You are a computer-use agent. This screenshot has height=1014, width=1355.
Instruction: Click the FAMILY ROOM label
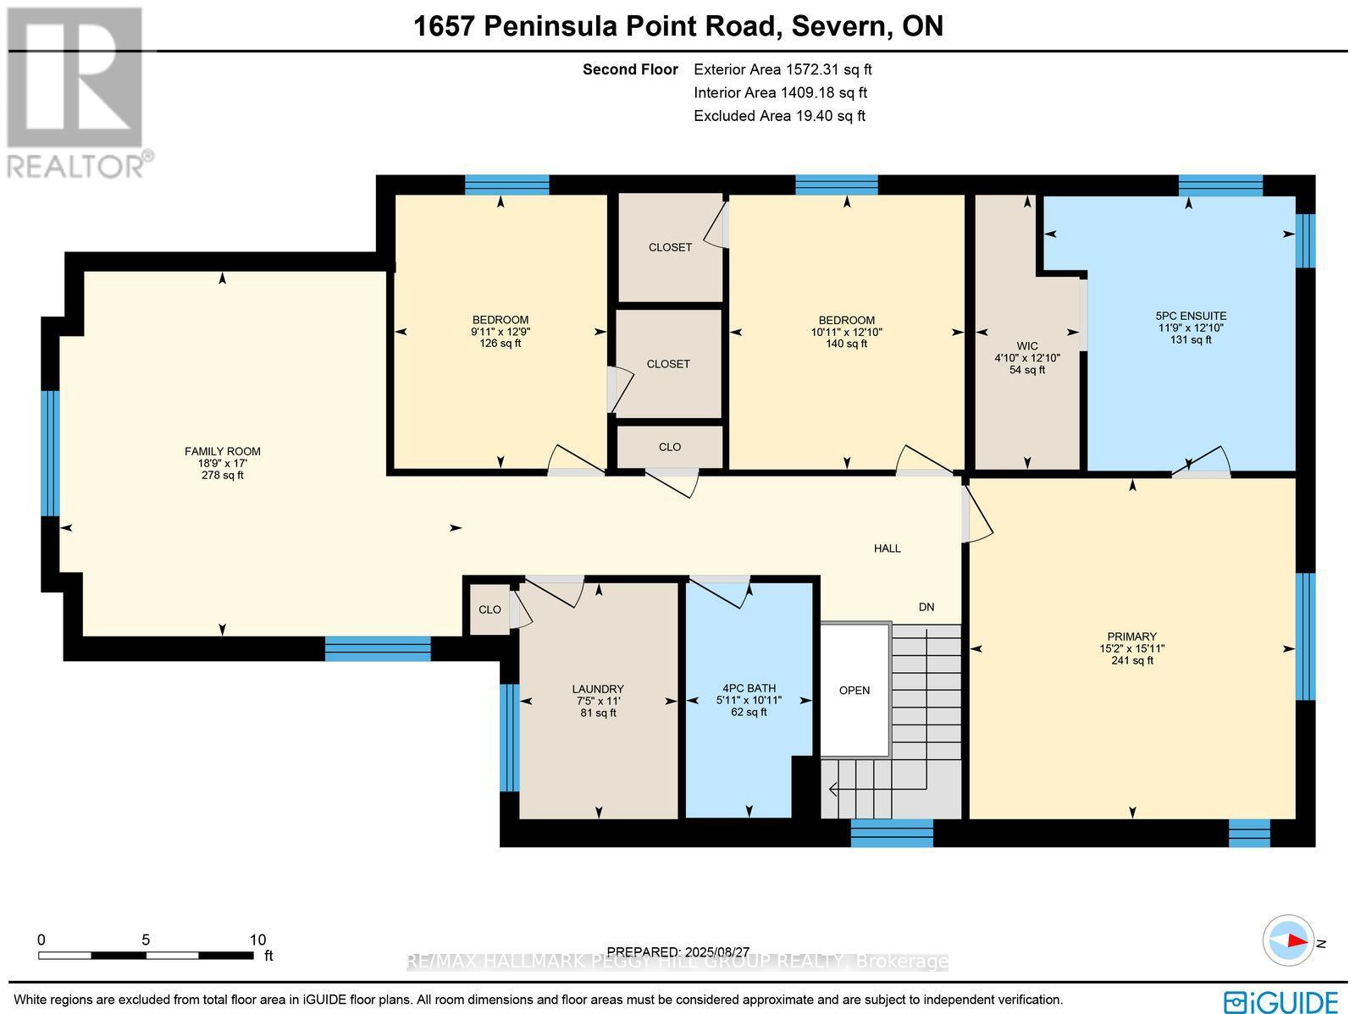tap(222, 452)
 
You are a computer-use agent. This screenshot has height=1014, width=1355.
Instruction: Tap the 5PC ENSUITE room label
tap(1192, 316)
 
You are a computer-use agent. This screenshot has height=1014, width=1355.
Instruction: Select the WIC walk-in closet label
tap(1027, 346)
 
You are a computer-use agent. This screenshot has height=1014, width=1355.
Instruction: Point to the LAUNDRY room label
tap(598, 689)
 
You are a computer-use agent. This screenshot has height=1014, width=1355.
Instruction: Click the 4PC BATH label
tap(749, 688)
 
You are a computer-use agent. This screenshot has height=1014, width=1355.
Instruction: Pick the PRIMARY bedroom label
tap(1131, 637)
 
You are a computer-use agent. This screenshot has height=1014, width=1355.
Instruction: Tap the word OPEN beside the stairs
tap(854, 690)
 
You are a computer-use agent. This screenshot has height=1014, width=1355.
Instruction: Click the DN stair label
tap(926, 607)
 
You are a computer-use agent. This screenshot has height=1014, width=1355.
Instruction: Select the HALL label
tap(887, 548)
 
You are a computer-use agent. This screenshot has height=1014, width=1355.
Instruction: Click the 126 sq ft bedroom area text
tap(501, 344)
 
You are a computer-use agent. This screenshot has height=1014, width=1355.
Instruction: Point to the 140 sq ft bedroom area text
tap(846, 344)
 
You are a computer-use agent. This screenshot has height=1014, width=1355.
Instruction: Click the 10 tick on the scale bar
tap(257, 940)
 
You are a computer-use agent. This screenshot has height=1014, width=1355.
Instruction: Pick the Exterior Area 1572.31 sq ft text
tap(782, 70)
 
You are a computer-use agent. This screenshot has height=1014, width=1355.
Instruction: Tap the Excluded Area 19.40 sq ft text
tap(779, 116)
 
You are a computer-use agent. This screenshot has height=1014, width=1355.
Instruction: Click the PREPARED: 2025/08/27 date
tap(679, 952)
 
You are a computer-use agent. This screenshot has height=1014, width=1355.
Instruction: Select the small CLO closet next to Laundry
tap(489, 609)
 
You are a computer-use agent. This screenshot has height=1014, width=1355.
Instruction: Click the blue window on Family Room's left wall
tap(51, 453)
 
